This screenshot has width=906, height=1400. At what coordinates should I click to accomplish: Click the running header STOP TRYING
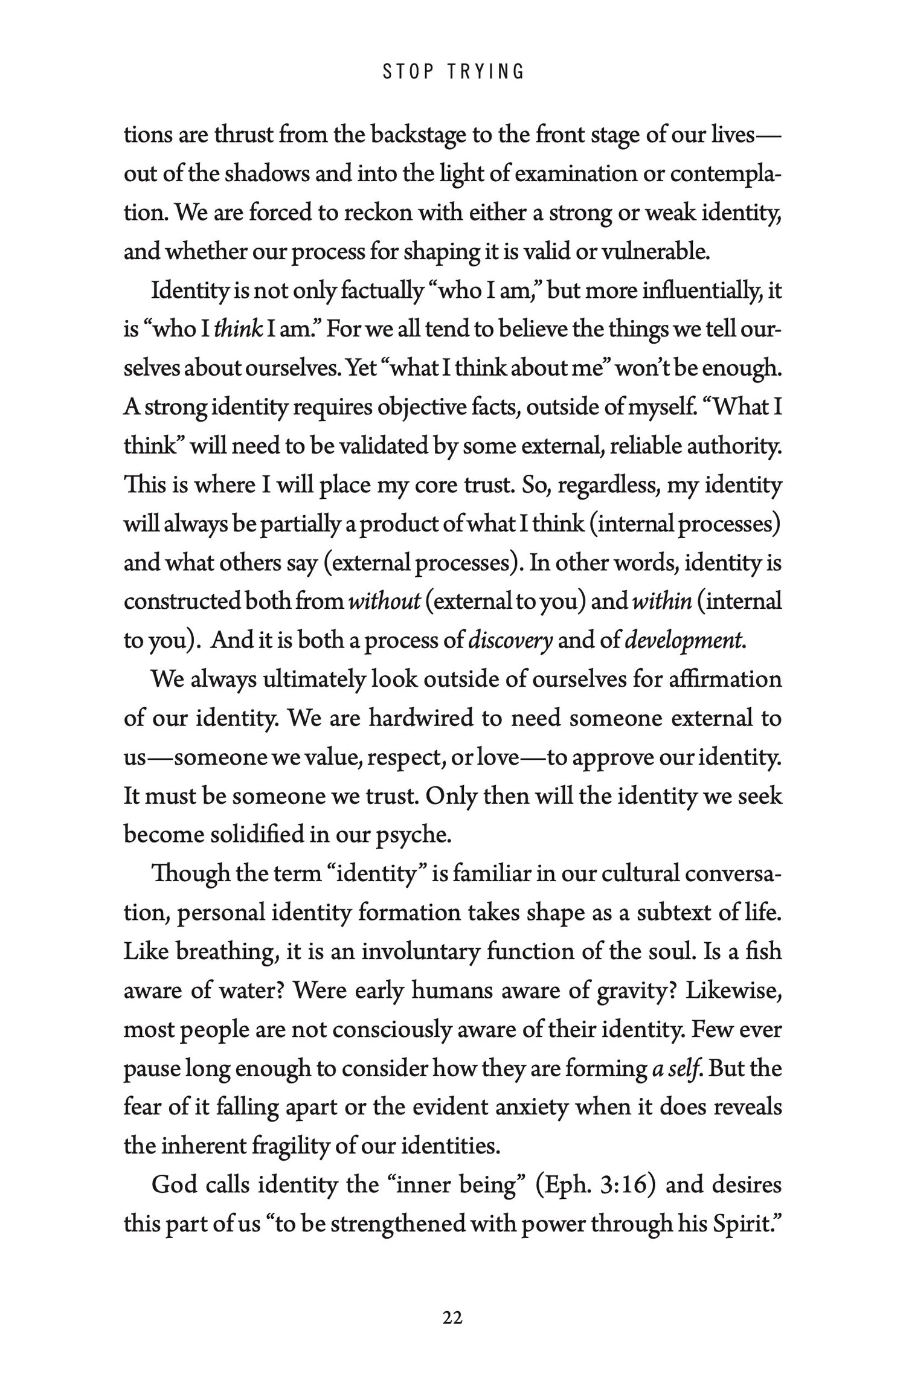(453, 72)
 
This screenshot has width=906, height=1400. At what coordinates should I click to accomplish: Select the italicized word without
(385, 602)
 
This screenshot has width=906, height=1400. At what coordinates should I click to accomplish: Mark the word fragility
(286, 1146)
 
